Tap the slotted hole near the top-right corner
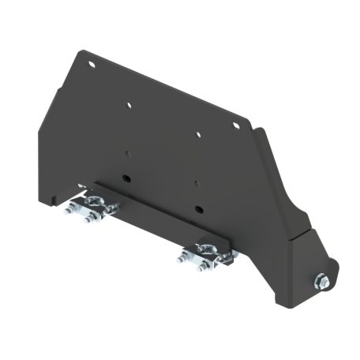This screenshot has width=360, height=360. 234,124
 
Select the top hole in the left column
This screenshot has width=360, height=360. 129,103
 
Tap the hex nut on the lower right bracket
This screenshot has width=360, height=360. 324,279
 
